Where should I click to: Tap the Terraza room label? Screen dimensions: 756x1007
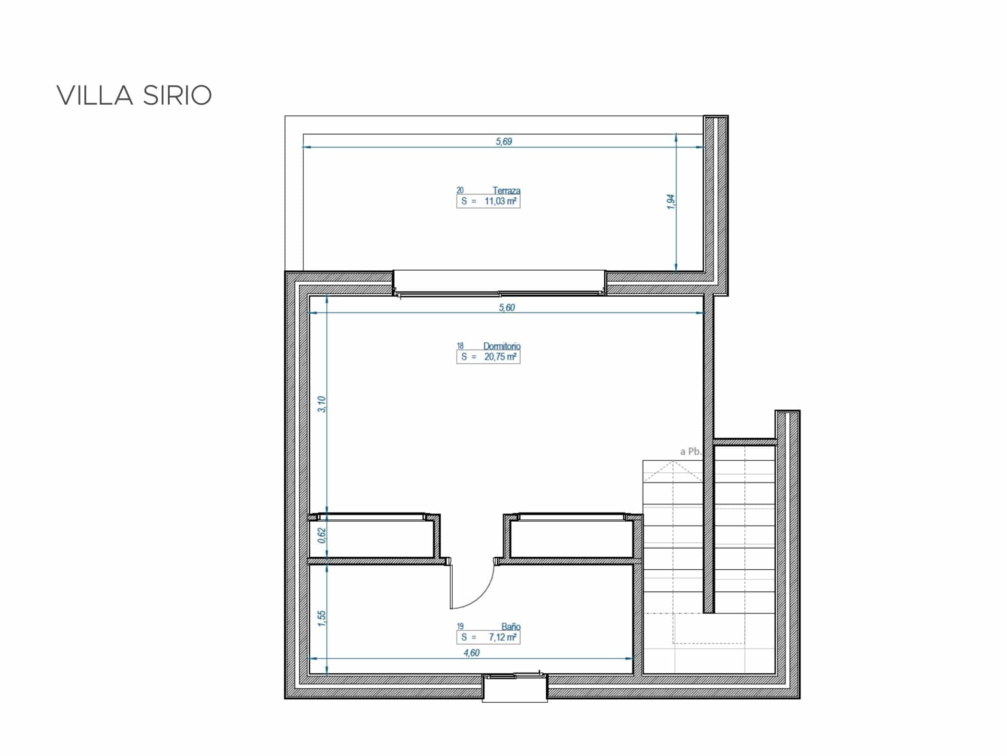pos(506,191)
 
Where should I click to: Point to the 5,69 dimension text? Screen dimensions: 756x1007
pos(504,141)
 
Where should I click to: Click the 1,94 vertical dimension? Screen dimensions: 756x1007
pos(671,202)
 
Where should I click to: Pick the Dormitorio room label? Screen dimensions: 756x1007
pos(502,346)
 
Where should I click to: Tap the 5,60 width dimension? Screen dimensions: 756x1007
pos(507,307)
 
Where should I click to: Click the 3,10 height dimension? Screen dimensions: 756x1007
pos(322,404)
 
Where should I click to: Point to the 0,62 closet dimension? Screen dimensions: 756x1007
pos(322,535)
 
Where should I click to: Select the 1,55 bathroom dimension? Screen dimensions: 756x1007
pos(322,618)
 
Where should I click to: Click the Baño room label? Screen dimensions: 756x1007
pos(511,626)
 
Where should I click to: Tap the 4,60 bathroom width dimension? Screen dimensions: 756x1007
pos(471,652)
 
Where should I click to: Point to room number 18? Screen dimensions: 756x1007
pos(460,346)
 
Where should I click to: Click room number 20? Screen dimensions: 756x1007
pos(460,191)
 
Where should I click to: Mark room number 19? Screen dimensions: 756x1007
pos(460,626)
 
